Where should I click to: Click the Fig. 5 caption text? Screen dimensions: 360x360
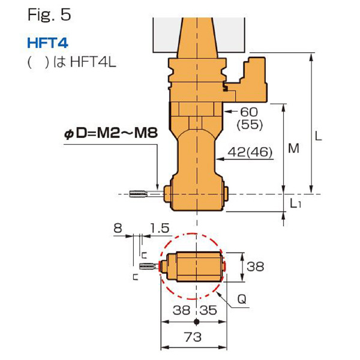click(49, 15)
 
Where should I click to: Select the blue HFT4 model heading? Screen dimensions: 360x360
click(46, 44)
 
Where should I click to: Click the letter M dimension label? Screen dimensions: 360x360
click(293, 148)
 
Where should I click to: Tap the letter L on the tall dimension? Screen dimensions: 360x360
click(319, 137)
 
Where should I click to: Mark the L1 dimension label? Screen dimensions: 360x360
click(295, 203)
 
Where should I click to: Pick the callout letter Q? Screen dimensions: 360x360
click(240, 298)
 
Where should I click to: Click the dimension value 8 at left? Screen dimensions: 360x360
click(118, 228)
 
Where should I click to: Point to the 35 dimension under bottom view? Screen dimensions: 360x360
click(208, 311)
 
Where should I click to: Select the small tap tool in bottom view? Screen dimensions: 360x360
click(149, 266)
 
